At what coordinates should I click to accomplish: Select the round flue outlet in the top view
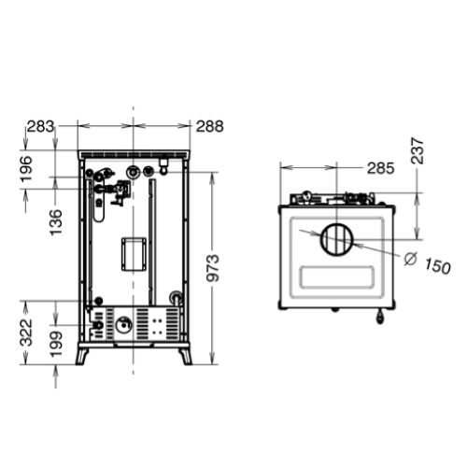point(335,241)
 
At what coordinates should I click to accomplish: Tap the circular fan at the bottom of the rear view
point(122,326)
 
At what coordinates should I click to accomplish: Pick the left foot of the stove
point(84,356)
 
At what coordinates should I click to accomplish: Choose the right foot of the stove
point(186,356)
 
